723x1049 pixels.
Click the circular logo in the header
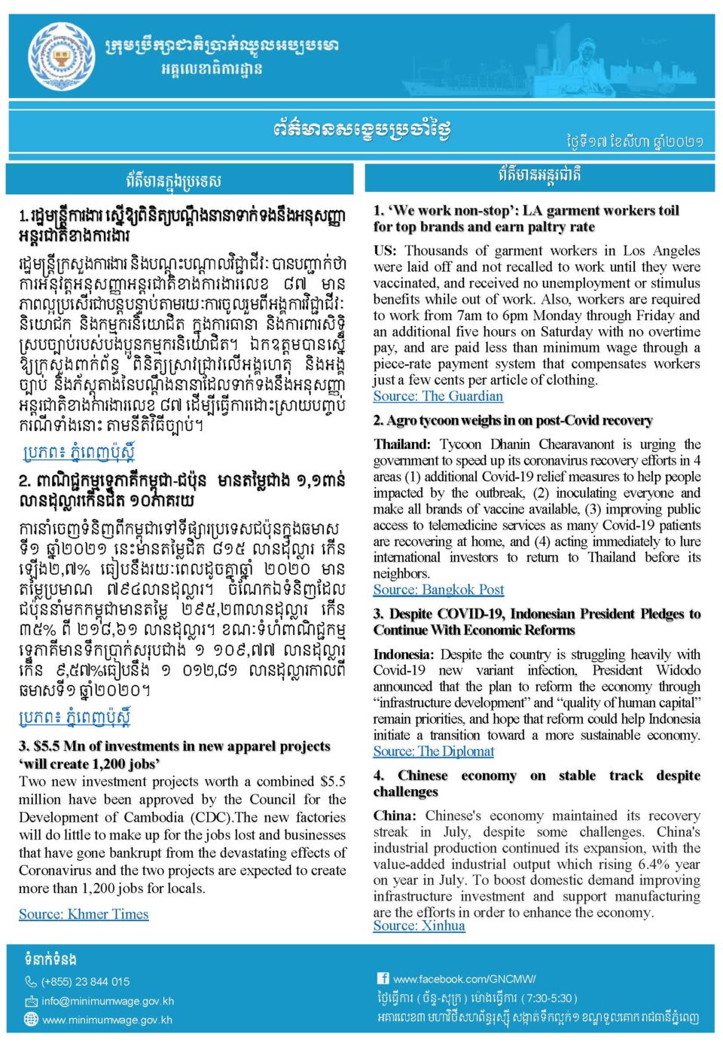click(62, 57)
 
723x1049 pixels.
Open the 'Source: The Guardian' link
click(438, 396)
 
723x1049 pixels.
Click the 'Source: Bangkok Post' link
click(438, 590)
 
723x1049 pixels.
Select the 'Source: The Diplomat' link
click(434, 751)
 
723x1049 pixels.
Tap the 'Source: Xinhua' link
click(419, 925)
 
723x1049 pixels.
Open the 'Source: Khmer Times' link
click(84, 914)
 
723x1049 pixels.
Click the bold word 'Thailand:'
click(402, 444)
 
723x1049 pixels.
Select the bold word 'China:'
click(395, 816)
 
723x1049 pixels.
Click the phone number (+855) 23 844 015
click(85, 982)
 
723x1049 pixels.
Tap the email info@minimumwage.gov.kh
click(108, 1002)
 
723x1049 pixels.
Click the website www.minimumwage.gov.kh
click(107, 1020)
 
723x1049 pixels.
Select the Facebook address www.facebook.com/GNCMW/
click(465, 979)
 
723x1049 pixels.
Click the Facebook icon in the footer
click(383, 979)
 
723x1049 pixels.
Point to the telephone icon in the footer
click(31, 982)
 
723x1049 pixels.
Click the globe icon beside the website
click(31, 1020)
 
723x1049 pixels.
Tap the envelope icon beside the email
click(31, 1002)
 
